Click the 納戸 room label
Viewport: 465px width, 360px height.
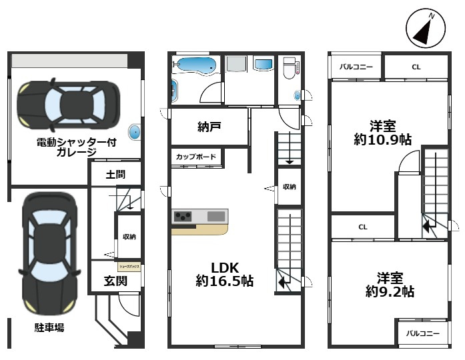(x=209, y=127)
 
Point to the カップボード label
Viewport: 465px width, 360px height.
(x=196, y=157)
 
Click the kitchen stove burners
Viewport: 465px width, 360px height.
(x=183, y=216)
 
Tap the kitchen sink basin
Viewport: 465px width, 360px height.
(x=216, y=216)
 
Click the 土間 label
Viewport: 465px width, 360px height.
(x=115, y=175)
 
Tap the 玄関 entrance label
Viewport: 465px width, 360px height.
(x=115, y=281)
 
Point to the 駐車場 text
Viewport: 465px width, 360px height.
(x=49, y=327)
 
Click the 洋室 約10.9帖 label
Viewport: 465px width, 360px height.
(x=382, y=133)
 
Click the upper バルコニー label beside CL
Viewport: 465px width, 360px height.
(x=356, y=67)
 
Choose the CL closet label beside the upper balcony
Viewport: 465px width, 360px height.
(x=416, y=67)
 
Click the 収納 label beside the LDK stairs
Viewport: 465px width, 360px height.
(x=289, y=187)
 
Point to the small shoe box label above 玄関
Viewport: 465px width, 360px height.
(x=129, y=266)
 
